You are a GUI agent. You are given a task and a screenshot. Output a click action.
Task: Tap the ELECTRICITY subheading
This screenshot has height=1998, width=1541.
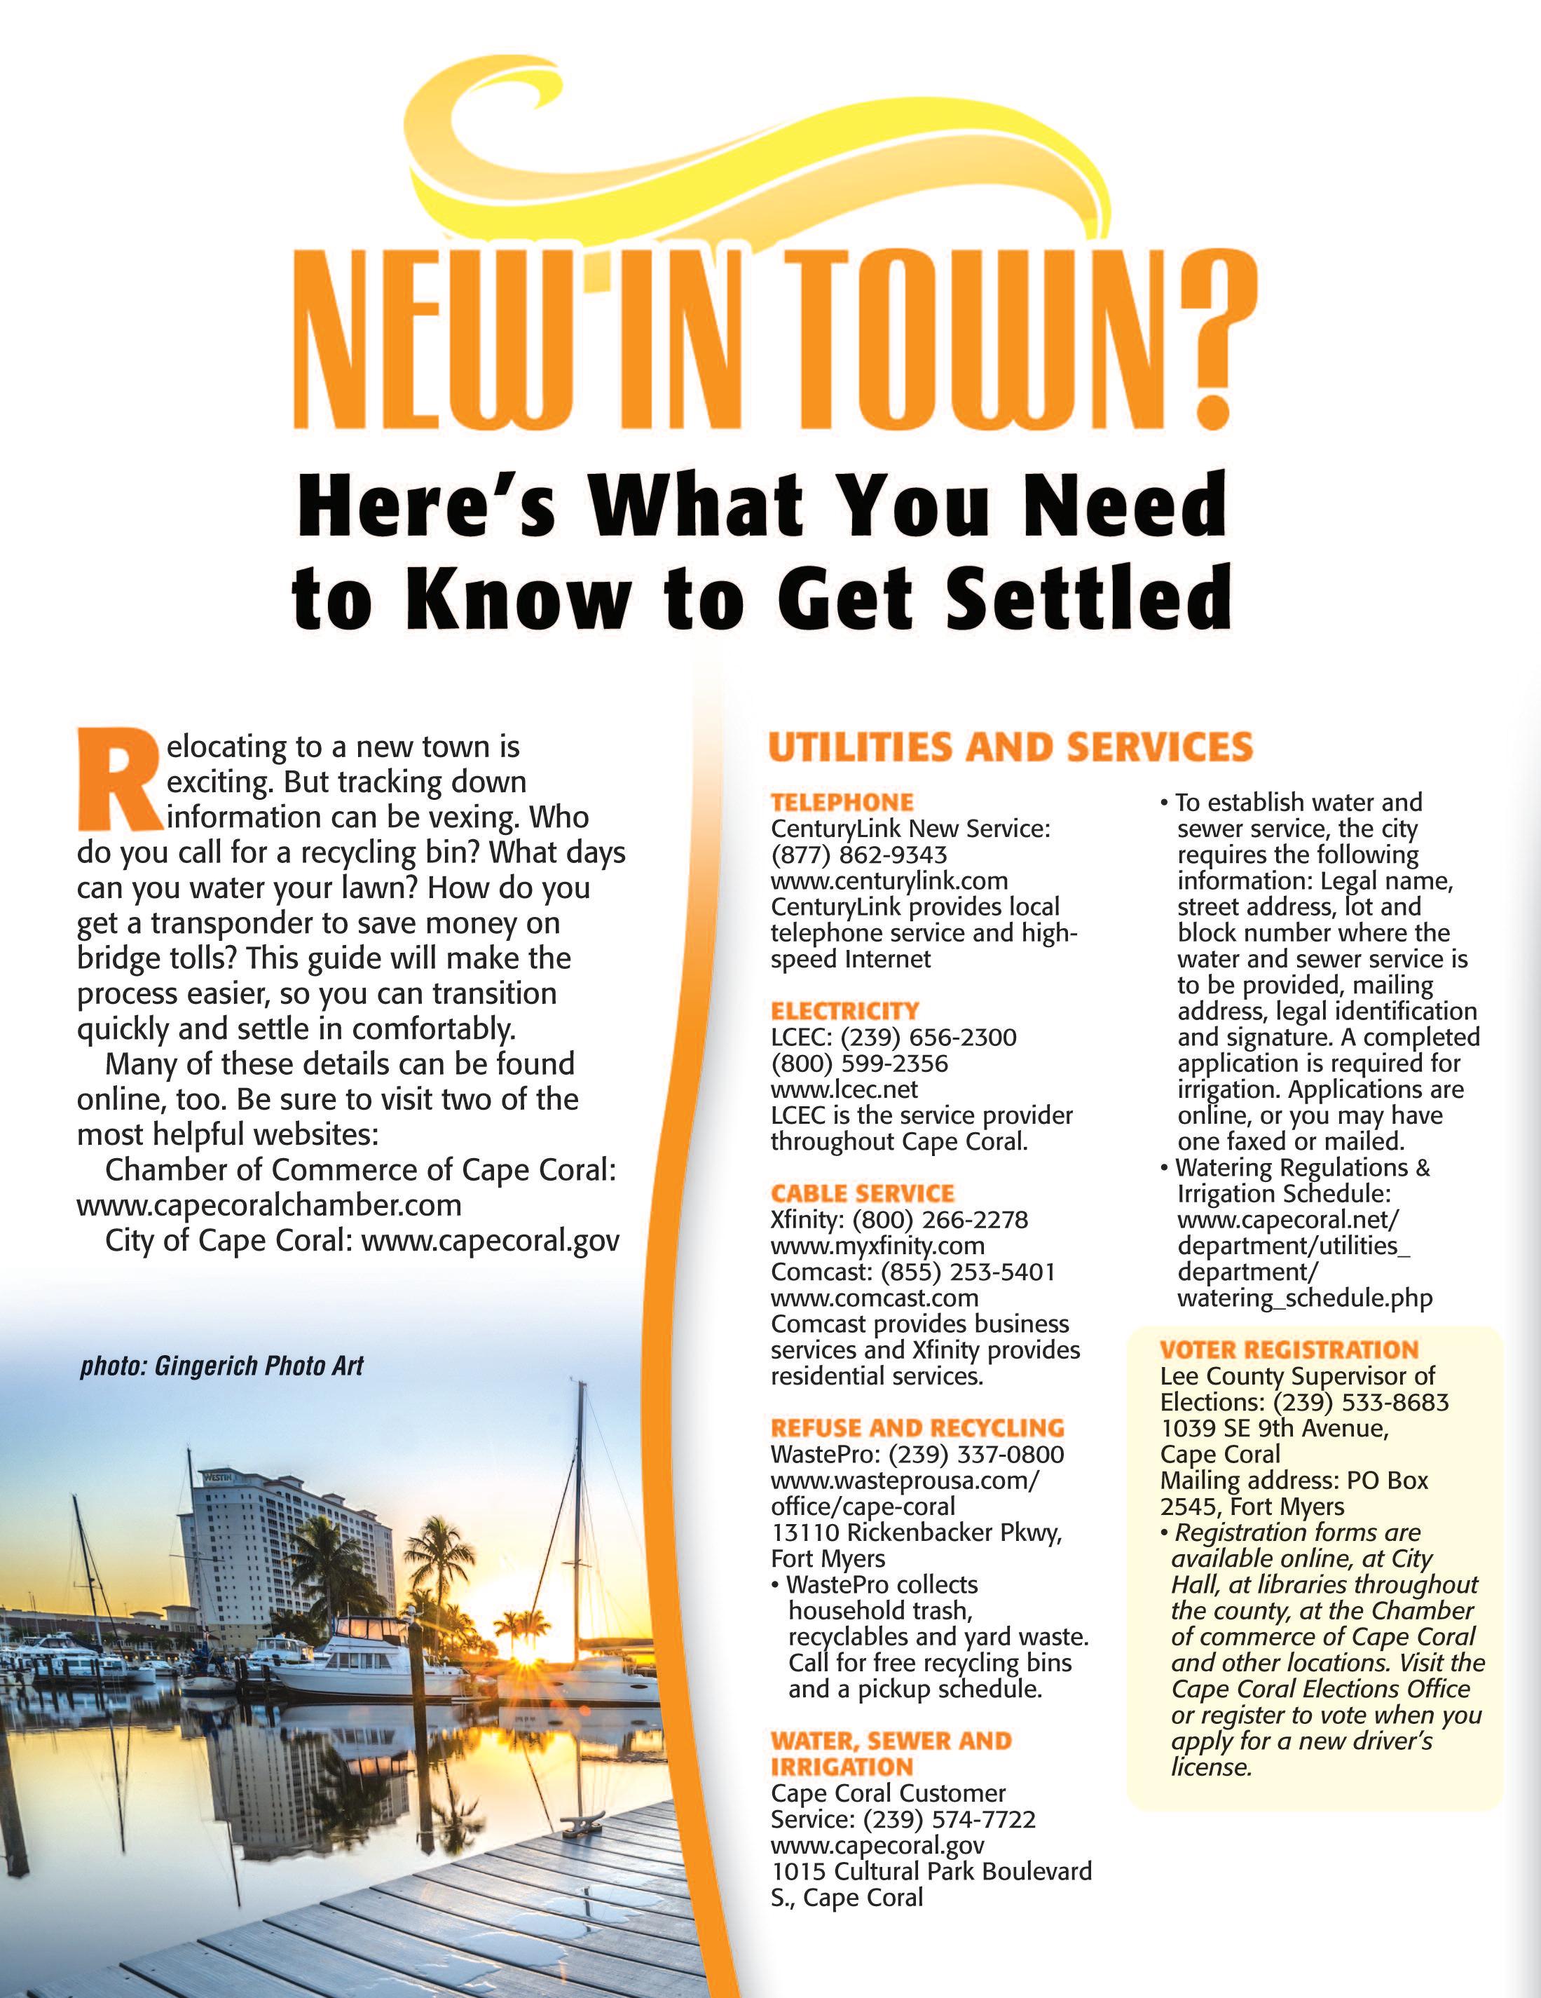(845, 1012)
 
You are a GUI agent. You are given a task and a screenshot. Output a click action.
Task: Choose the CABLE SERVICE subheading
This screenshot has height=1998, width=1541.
(863, 1194)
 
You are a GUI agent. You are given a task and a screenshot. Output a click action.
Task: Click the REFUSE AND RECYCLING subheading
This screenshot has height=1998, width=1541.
(917, 1428)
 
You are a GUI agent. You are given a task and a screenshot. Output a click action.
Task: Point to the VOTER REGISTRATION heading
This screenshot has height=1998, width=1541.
(1289, 1350)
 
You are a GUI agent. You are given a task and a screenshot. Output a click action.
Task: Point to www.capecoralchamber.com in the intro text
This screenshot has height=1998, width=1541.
(269, 1205)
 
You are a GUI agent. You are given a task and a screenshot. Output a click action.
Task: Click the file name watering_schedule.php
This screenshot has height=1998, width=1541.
(1305, 1298)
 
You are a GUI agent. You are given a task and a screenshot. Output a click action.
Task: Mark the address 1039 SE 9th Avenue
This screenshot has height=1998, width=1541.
(1274, 1429)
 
